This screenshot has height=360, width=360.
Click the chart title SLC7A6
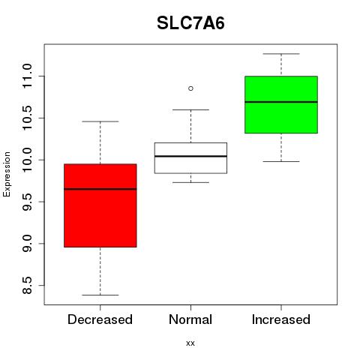coord(190,23)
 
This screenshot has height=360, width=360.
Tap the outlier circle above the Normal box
coord(190,88)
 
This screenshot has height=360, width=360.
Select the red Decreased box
coord(100,205)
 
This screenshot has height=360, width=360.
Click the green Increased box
coord(281,104)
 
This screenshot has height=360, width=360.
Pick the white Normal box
coord(190,157)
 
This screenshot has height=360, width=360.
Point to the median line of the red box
coord(100,189)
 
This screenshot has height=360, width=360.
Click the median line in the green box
coord(281,102)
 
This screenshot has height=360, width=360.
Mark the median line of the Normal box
coord(190,156)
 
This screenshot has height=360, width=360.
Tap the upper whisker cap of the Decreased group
coord(100,121)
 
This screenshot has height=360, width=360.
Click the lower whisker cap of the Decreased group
coord(100,295)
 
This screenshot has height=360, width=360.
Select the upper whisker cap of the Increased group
coord(281,54)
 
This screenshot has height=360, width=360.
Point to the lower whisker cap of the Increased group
coord(281,161)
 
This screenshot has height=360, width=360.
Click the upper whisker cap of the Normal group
coord(190,109)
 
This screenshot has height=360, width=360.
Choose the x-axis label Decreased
coord(100,319)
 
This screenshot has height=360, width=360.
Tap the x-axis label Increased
coord(281,319)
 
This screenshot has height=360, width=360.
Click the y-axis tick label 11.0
coord(27,76)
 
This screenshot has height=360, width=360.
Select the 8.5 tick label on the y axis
coord(27,285)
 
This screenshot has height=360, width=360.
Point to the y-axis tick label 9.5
coord(27,202)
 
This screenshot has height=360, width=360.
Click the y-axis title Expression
coord(7,175)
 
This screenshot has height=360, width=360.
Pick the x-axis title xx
coord(190,343)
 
